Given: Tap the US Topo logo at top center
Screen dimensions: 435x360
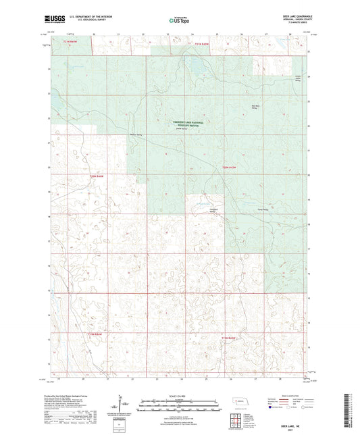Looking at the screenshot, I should tap(177, 21).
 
